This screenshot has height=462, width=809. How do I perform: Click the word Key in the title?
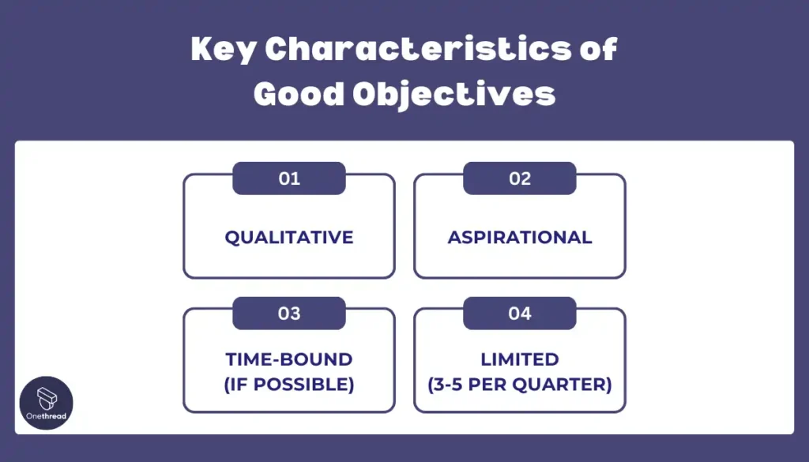[x=224, y=50]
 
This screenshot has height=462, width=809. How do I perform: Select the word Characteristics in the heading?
[x=419, y=48]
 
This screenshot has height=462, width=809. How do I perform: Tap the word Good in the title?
[x=299, y=94]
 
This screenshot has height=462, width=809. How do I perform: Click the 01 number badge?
[x=289, y=178]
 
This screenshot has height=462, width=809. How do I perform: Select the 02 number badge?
[x=520, y=178]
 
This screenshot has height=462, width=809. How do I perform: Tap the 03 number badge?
[x=289, y=314]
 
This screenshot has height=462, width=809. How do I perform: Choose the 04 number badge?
[x=520, y=314]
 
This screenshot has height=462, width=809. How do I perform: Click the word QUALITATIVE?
[x=289, y=238]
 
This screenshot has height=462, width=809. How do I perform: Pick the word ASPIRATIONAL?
[x=520, y=238]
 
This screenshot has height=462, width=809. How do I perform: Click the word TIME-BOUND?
[x=289, y=359]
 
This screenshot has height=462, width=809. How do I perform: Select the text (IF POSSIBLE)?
[x=289, y=385]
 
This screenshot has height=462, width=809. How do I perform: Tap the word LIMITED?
[x=520, y=359]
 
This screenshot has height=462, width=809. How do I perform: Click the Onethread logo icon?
[x=47, y=398]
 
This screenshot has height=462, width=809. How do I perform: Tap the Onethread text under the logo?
[x=47, y=417]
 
